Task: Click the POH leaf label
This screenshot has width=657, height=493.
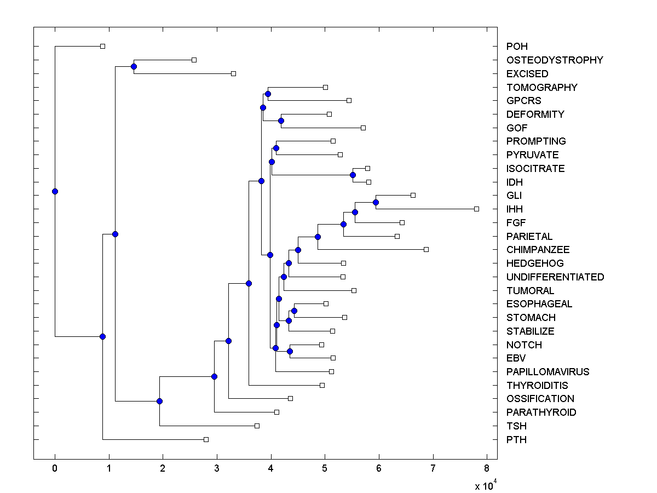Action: click(x=517, y=47)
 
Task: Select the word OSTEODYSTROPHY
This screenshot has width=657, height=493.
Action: click(x=555, y=60)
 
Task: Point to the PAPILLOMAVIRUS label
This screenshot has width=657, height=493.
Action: click(x=547, y=372)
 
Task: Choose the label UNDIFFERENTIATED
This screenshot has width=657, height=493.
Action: click(x=555, y=277)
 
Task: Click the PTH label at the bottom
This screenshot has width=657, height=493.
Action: click(x=516, y=439)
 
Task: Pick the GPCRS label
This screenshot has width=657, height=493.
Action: click(x=523, y=101)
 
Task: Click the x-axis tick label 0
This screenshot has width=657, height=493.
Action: click(x=55, y=468)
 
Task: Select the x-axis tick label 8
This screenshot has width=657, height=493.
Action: click(x=487, y=468)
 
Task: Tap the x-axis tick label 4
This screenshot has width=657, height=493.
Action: click(x=271, y=468)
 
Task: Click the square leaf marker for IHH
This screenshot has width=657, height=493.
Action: click(x=476, y=209)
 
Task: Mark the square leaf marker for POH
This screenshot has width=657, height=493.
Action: click(x=102, y=46)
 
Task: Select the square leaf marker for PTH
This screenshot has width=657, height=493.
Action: click(x=206, y=439)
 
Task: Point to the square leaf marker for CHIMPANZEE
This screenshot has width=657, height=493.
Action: click(x=426, y=249)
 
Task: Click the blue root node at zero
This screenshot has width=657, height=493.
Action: click(x=55, y=191)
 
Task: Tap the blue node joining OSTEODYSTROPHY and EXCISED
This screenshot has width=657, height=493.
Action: click(x=134, y=66)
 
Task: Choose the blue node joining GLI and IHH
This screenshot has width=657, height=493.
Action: click(x=376, y=202)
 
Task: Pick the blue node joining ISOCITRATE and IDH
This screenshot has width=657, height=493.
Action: click(x=353, y=175)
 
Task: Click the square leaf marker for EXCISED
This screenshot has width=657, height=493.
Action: click(x=233, y=73)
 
